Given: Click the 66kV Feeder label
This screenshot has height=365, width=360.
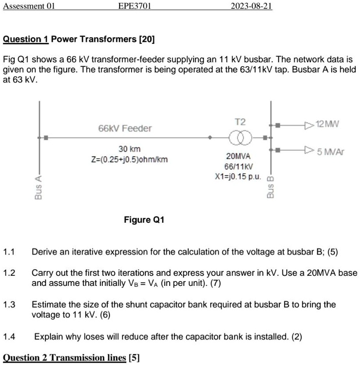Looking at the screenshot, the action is click(125, 128).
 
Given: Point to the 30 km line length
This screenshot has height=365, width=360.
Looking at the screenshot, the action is click(130, 149).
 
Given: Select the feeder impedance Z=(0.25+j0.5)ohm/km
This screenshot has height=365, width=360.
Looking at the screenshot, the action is click(130, 159).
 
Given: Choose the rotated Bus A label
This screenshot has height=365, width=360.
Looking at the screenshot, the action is click(38, 187).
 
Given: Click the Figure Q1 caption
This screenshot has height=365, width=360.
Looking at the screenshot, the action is click(144, 220).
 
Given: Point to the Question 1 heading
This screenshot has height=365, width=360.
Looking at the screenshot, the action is click(79, 39).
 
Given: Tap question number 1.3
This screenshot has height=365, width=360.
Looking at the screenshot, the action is click(9, 304).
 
